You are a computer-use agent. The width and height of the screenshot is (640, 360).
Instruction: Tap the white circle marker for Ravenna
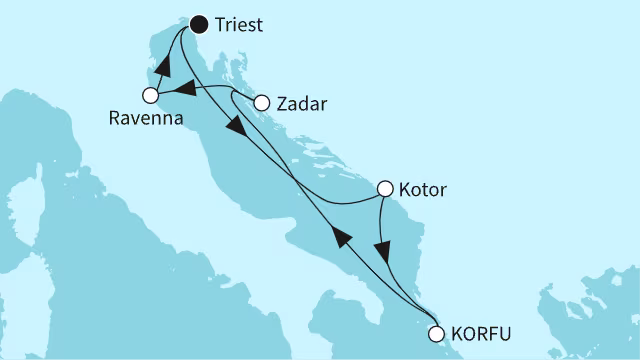151,96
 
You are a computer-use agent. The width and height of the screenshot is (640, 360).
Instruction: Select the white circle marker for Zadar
262,102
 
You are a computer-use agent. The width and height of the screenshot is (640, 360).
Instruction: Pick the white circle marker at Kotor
385,187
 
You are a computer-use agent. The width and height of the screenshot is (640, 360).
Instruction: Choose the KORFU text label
482,335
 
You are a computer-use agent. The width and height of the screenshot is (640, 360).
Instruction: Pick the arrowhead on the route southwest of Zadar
235,130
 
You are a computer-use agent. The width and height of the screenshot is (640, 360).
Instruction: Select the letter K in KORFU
461,335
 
